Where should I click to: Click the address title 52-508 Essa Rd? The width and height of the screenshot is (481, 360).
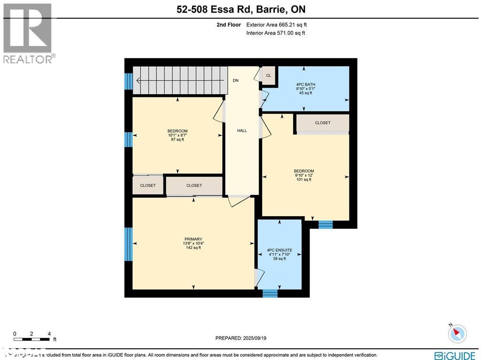tap(240, 9)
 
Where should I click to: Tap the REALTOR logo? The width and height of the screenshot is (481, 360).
tap(28, 33)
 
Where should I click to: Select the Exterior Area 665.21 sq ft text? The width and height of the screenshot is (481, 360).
tap(276, 24)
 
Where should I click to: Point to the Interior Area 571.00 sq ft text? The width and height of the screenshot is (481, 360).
tap(276, 33)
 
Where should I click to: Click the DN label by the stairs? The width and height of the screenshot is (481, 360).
tap(235, 80)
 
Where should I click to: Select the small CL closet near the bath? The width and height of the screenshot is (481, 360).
tap(269, 76)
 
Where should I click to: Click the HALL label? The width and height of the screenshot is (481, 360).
tap(242, 131)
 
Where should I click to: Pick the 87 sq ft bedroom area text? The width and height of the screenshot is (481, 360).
tap(178, 140)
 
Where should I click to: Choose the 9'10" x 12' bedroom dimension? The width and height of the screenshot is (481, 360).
tap(304, 175)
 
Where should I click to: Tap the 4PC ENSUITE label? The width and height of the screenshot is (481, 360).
tap(279, 250)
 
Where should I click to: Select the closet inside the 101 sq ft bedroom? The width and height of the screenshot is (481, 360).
tap(322, 123)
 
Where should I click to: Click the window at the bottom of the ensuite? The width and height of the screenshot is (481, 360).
tap(270, 293)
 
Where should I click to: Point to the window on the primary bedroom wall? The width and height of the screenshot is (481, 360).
tap(128, 244)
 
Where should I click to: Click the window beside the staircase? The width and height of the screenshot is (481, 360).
tap(128, 81)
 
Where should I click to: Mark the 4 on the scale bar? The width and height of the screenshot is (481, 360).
tap(49, 334)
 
